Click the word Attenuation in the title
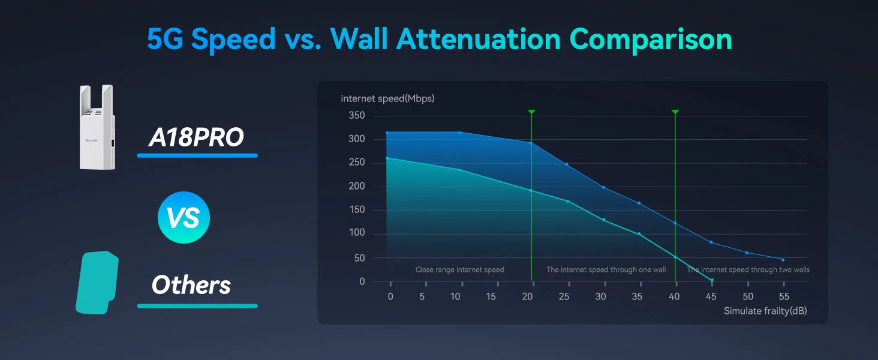(479, 39)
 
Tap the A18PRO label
(196, 137)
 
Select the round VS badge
(184, 217)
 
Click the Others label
(191, 285)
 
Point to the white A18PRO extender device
(97, 127)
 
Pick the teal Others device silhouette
(97, 283)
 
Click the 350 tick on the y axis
(357, 115)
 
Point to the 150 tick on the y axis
(357, 209)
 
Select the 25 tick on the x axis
(564, 296)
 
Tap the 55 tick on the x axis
(784, 296)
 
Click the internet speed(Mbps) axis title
(387, 98)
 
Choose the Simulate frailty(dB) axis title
(765, 311)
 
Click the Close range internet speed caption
(460, 269)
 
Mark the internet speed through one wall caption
(606, 269)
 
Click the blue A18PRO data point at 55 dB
(783, 260)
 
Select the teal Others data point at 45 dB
(712, 280)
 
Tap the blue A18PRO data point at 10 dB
(460, 133)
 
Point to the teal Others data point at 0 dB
(387, 158)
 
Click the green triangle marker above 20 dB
(531, 112)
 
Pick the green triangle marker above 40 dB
(675, 112)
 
